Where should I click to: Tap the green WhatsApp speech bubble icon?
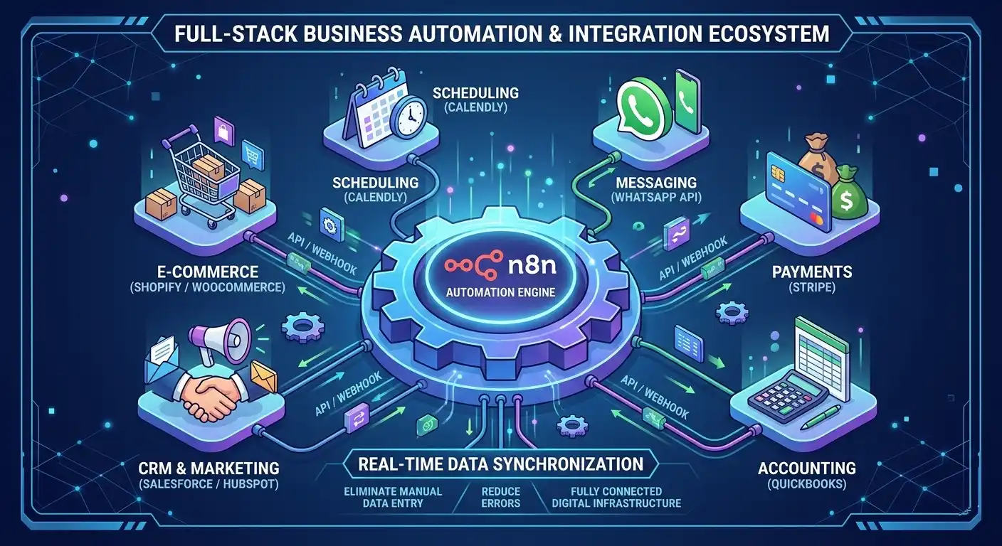click(x=638, y=108)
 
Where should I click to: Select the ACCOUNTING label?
click(x=806, y=468)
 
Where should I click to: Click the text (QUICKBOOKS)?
click(x=806, y=485)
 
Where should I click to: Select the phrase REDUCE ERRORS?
click(x=500, y=497)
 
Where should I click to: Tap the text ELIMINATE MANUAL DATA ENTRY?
click(x=392, y=497)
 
